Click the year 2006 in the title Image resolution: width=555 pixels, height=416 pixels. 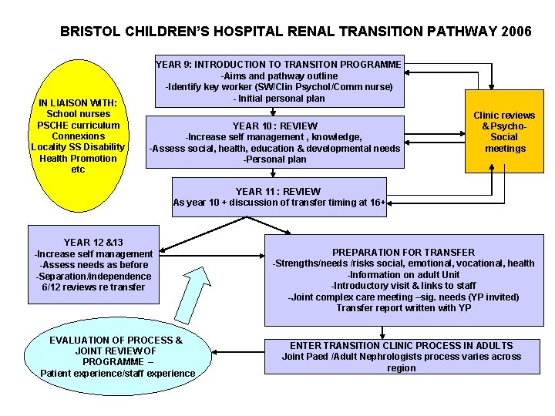tap(515, 32)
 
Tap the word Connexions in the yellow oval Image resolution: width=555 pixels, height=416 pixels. tap(78, 136)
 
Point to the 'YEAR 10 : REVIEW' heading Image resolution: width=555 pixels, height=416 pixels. tap(275, 126)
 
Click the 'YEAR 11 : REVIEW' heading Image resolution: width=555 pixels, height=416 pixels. tap(278, 191)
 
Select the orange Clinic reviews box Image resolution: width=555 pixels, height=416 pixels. tap(504, 133)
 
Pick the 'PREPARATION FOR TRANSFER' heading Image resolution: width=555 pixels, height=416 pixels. tap(403, 252)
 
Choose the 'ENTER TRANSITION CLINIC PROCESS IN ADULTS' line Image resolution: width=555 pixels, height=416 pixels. tap(401, 345)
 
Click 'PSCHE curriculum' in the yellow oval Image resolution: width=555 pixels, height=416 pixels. tap(79, 126)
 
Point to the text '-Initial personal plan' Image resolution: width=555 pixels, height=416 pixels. tap(278, 99)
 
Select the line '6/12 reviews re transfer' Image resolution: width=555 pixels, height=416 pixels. tap(93, 287)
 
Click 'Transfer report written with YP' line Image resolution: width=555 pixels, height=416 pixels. tap(403, 308)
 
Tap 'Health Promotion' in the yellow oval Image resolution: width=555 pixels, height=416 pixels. tap(78, 159)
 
